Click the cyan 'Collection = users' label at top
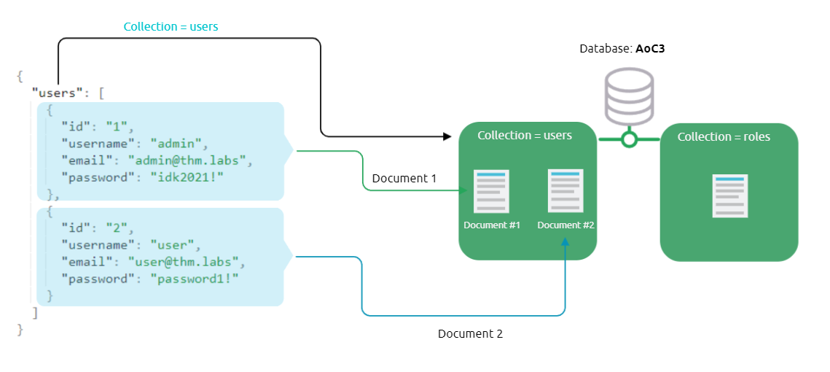click(x=171, y=26)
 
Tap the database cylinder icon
click(x=629, y=97)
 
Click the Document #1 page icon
click(x=491, y=191)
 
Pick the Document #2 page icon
click(x=565, y=190)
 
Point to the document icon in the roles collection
click(x=729, y=195)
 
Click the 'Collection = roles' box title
click(x=724, y=137)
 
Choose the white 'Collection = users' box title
click(x=525, y=136)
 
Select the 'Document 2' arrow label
click(x=470, y=333)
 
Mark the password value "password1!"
click(x=195, y=279)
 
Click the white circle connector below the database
click(x=629, y=139)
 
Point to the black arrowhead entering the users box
click(x=447, y=136)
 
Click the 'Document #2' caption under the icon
click(x=565, y=225)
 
